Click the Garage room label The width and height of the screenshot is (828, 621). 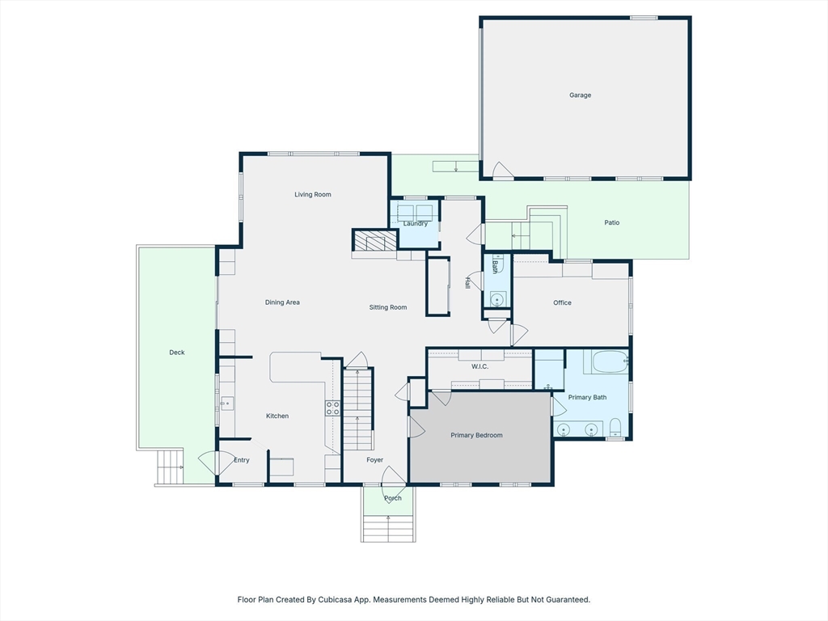[580, 95]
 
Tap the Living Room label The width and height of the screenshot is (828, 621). [313, 194]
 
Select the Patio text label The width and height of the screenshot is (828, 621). [611, 222]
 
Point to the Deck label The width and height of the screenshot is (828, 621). [177, 353]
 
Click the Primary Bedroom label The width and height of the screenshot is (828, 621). [476, 435]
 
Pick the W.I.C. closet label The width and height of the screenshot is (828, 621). [479, 366]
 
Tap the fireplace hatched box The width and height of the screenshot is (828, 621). [374, 240]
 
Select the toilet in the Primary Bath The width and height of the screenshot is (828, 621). [615, 427]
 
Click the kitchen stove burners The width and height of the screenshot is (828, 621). [332, 408]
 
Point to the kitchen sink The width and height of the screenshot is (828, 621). [227, 404]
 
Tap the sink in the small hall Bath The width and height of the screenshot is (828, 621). [497, 299]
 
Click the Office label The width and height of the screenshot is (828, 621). [563, 302]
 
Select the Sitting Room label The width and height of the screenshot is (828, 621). [388, 307]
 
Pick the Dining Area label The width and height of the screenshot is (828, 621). [282, 302]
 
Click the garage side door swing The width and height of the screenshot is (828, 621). [503, 170]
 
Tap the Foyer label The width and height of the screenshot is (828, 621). [375, 460]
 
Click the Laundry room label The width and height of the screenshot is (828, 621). [416, 223]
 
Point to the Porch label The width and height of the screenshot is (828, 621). [393, 498]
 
